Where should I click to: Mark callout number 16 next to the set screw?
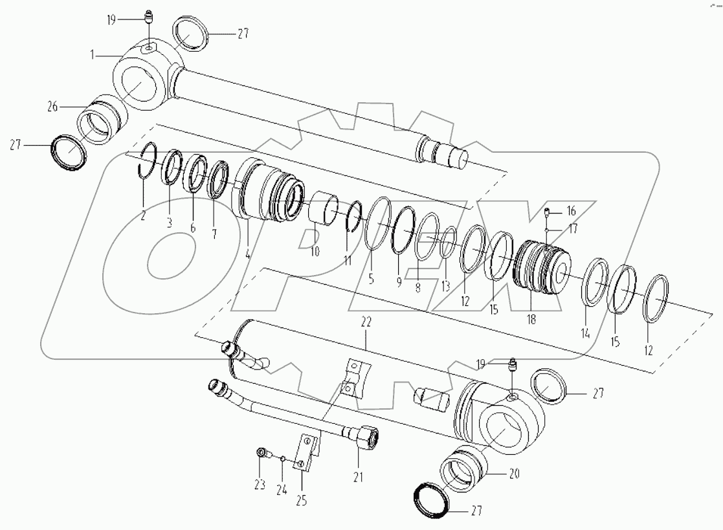[571, 211]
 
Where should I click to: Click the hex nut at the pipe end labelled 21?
[366, 437]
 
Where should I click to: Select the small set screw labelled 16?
[548, 212]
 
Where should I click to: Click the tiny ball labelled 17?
[548, 229]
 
